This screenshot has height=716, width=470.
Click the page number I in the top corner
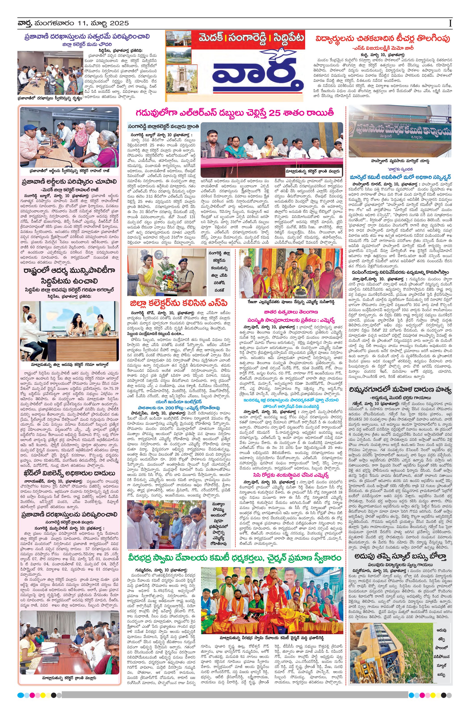[450, 23]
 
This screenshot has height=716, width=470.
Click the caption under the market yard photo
[400, 161]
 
